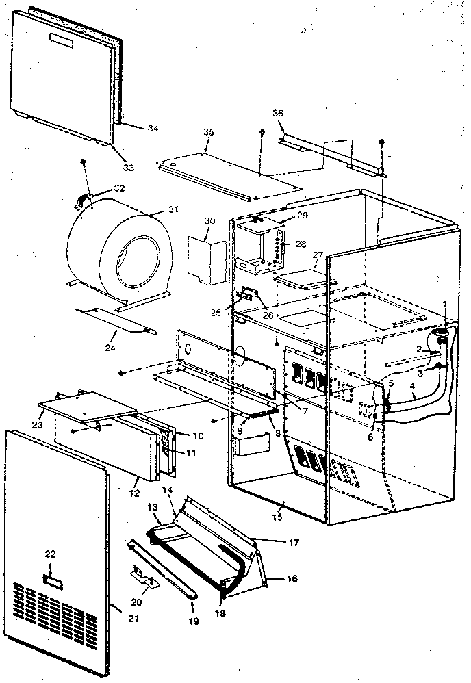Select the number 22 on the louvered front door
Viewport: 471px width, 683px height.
50,554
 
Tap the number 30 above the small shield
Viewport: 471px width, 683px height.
209,220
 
